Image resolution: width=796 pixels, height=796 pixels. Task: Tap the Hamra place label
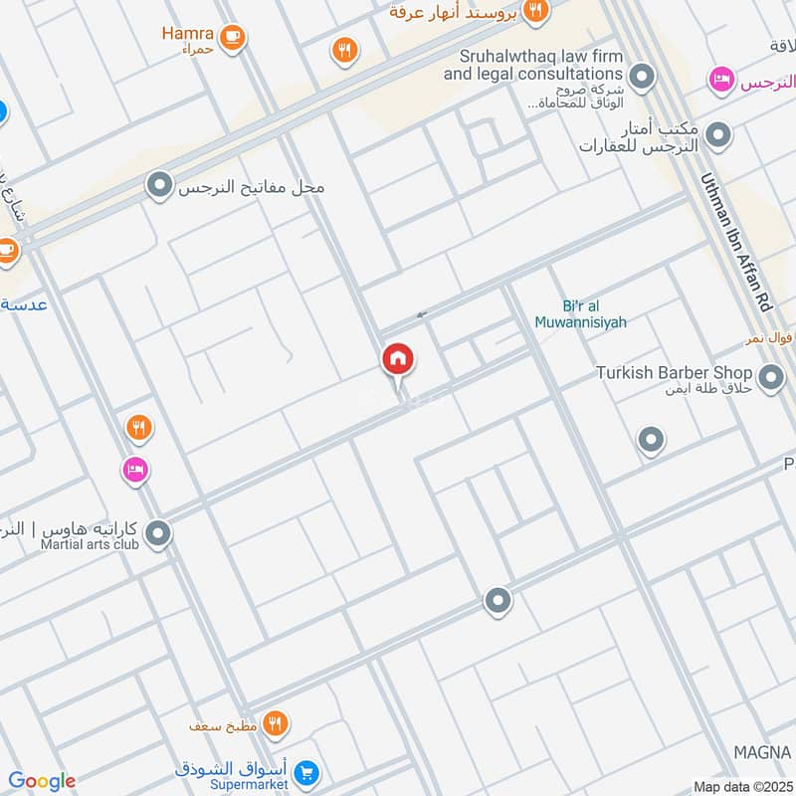(187, 33)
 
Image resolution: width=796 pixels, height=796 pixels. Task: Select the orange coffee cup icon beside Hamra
(233, 38)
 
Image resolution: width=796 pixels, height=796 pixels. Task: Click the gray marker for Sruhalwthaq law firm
(643, 76)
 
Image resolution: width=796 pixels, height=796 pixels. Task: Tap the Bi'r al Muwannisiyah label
(581, 313)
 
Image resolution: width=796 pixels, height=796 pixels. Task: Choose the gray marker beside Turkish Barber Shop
(769, 377)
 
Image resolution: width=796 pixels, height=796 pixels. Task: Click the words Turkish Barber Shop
(674, 372)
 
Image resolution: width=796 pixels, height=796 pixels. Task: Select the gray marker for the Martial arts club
(157, 535)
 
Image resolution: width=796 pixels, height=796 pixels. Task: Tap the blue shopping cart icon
(307, 771)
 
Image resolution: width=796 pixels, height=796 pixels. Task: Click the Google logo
(42, 781)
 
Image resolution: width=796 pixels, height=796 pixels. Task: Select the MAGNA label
(762, 750)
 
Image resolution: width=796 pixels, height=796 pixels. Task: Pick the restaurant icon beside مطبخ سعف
(277, 723)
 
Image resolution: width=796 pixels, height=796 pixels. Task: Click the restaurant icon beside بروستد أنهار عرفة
(536, 11)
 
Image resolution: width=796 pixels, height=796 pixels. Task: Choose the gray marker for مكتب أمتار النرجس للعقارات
(716, 133)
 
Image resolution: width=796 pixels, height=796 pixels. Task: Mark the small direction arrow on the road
(422, 314)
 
